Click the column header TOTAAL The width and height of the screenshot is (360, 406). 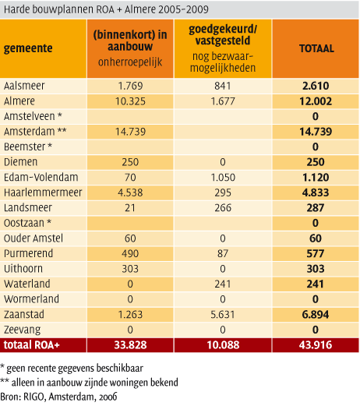(x=316, y=48)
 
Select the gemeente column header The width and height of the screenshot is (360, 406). (x=28, y=48)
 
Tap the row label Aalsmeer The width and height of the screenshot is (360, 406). (x=24, y=86)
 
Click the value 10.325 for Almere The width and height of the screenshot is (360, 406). (x=130, y=101)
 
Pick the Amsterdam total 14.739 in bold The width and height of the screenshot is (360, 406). (x=316, y=132)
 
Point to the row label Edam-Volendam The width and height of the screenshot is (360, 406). (x=41, y=177)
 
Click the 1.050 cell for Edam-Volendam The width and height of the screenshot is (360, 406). (x=223, y=178)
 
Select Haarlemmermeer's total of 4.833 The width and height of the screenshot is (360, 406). (x=316, y=192)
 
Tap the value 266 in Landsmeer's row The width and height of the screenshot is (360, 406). (x=223, y=208)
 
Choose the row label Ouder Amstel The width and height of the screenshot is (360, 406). (x=34, y=238)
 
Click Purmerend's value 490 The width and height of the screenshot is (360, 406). (x=130, y=253)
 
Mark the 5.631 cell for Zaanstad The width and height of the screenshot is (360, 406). (x=223, y=315)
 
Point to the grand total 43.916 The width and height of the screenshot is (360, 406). (x=316, y=345)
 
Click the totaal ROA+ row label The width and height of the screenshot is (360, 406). (x=32, y=345)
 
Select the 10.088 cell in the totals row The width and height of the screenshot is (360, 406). (x=223, y=345)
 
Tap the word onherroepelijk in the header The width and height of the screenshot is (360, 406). (x=130, y=62)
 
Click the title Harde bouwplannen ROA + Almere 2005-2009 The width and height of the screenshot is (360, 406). (x=106, y=9)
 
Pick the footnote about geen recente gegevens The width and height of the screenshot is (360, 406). (x=72, y=368)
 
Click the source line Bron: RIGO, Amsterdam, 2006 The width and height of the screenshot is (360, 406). (x=58, y=397)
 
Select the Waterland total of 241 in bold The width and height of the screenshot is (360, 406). (x=316, y=284)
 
